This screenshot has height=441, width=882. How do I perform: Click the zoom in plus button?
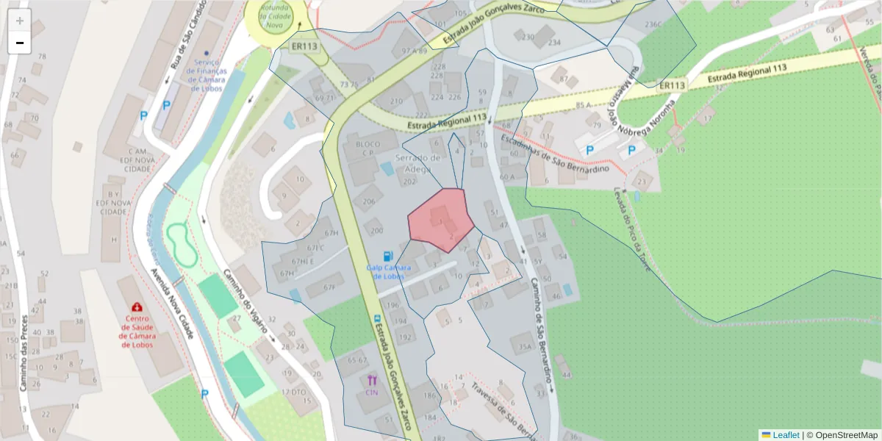20,21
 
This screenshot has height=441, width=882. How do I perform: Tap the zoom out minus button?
20,43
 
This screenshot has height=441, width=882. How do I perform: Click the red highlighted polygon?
441,218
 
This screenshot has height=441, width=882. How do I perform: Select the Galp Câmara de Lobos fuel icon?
388,256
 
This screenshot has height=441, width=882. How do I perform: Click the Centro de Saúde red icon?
137,306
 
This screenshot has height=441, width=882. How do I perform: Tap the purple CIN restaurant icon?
371,381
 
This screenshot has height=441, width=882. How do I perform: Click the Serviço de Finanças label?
206,74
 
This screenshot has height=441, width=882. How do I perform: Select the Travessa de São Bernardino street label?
503,408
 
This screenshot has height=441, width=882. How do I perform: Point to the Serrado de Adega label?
418,162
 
